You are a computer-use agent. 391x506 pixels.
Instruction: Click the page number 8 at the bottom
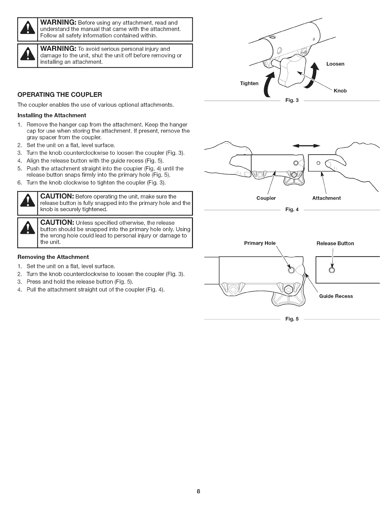[198, 491]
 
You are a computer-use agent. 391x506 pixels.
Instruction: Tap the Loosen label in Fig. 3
[335, 64]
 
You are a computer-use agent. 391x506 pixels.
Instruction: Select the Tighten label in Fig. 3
[249, 84]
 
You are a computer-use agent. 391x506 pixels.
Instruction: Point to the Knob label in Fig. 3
[340, 91]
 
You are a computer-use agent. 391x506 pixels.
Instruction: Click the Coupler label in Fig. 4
[266, 198]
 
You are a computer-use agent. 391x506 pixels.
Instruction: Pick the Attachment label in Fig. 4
[326, 198]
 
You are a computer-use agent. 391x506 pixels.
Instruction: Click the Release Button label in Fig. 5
[335, 243]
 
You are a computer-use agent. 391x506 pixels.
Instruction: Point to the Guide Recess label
[336, 296]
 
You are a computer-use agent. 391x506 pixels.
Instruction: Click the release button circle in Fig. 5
[332, 270]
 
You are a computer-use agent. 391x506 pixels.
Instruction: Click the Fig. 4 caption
[292, 210]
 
